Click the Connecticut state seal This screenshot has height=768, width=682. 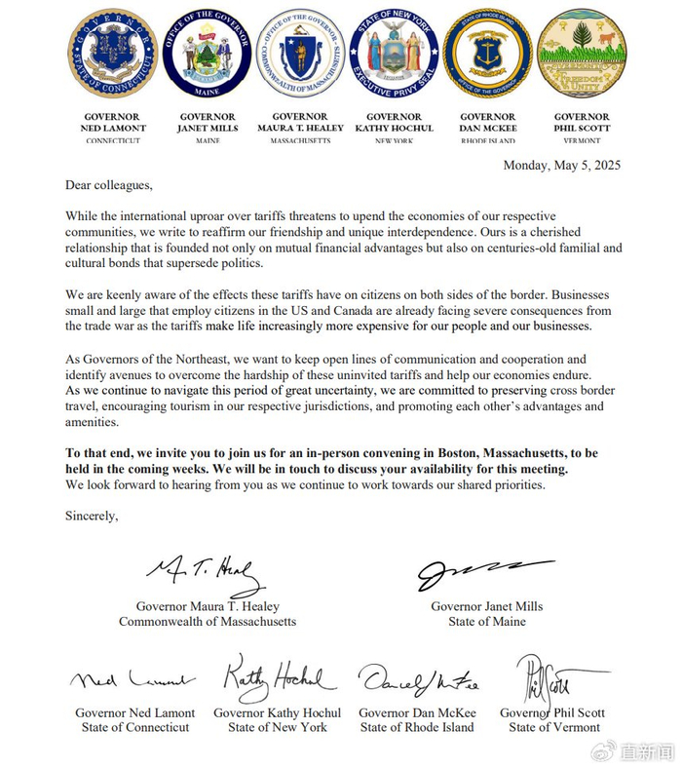(x=112, y=53)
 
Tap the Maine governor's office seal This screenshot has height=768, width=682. (x=207, y=53)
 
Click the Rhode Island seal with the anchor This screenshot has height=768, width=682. (x=487, y=53)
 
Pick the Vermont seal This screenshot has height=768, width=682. (x=582, y=53)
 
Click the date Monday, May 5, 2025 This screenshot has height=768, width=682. (x=561, y=165)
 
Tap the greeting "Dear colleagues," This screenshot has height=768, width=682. (x=109, y=184)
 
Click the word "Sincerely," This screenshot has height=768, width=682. (x=92, y=516)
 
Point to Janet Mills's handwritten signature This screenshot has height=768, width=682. (x=484, y=574)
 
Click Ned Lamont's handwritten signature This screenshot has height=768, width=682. (x=132, y=680)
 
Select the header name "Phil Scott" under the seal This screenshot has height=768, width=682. (x=582, y=129)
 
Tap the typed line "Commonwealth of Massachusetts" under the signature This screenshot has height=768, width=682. (x=208, y=621)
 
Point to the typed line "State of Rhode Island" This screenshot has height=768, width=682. (x=417, y=727)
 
